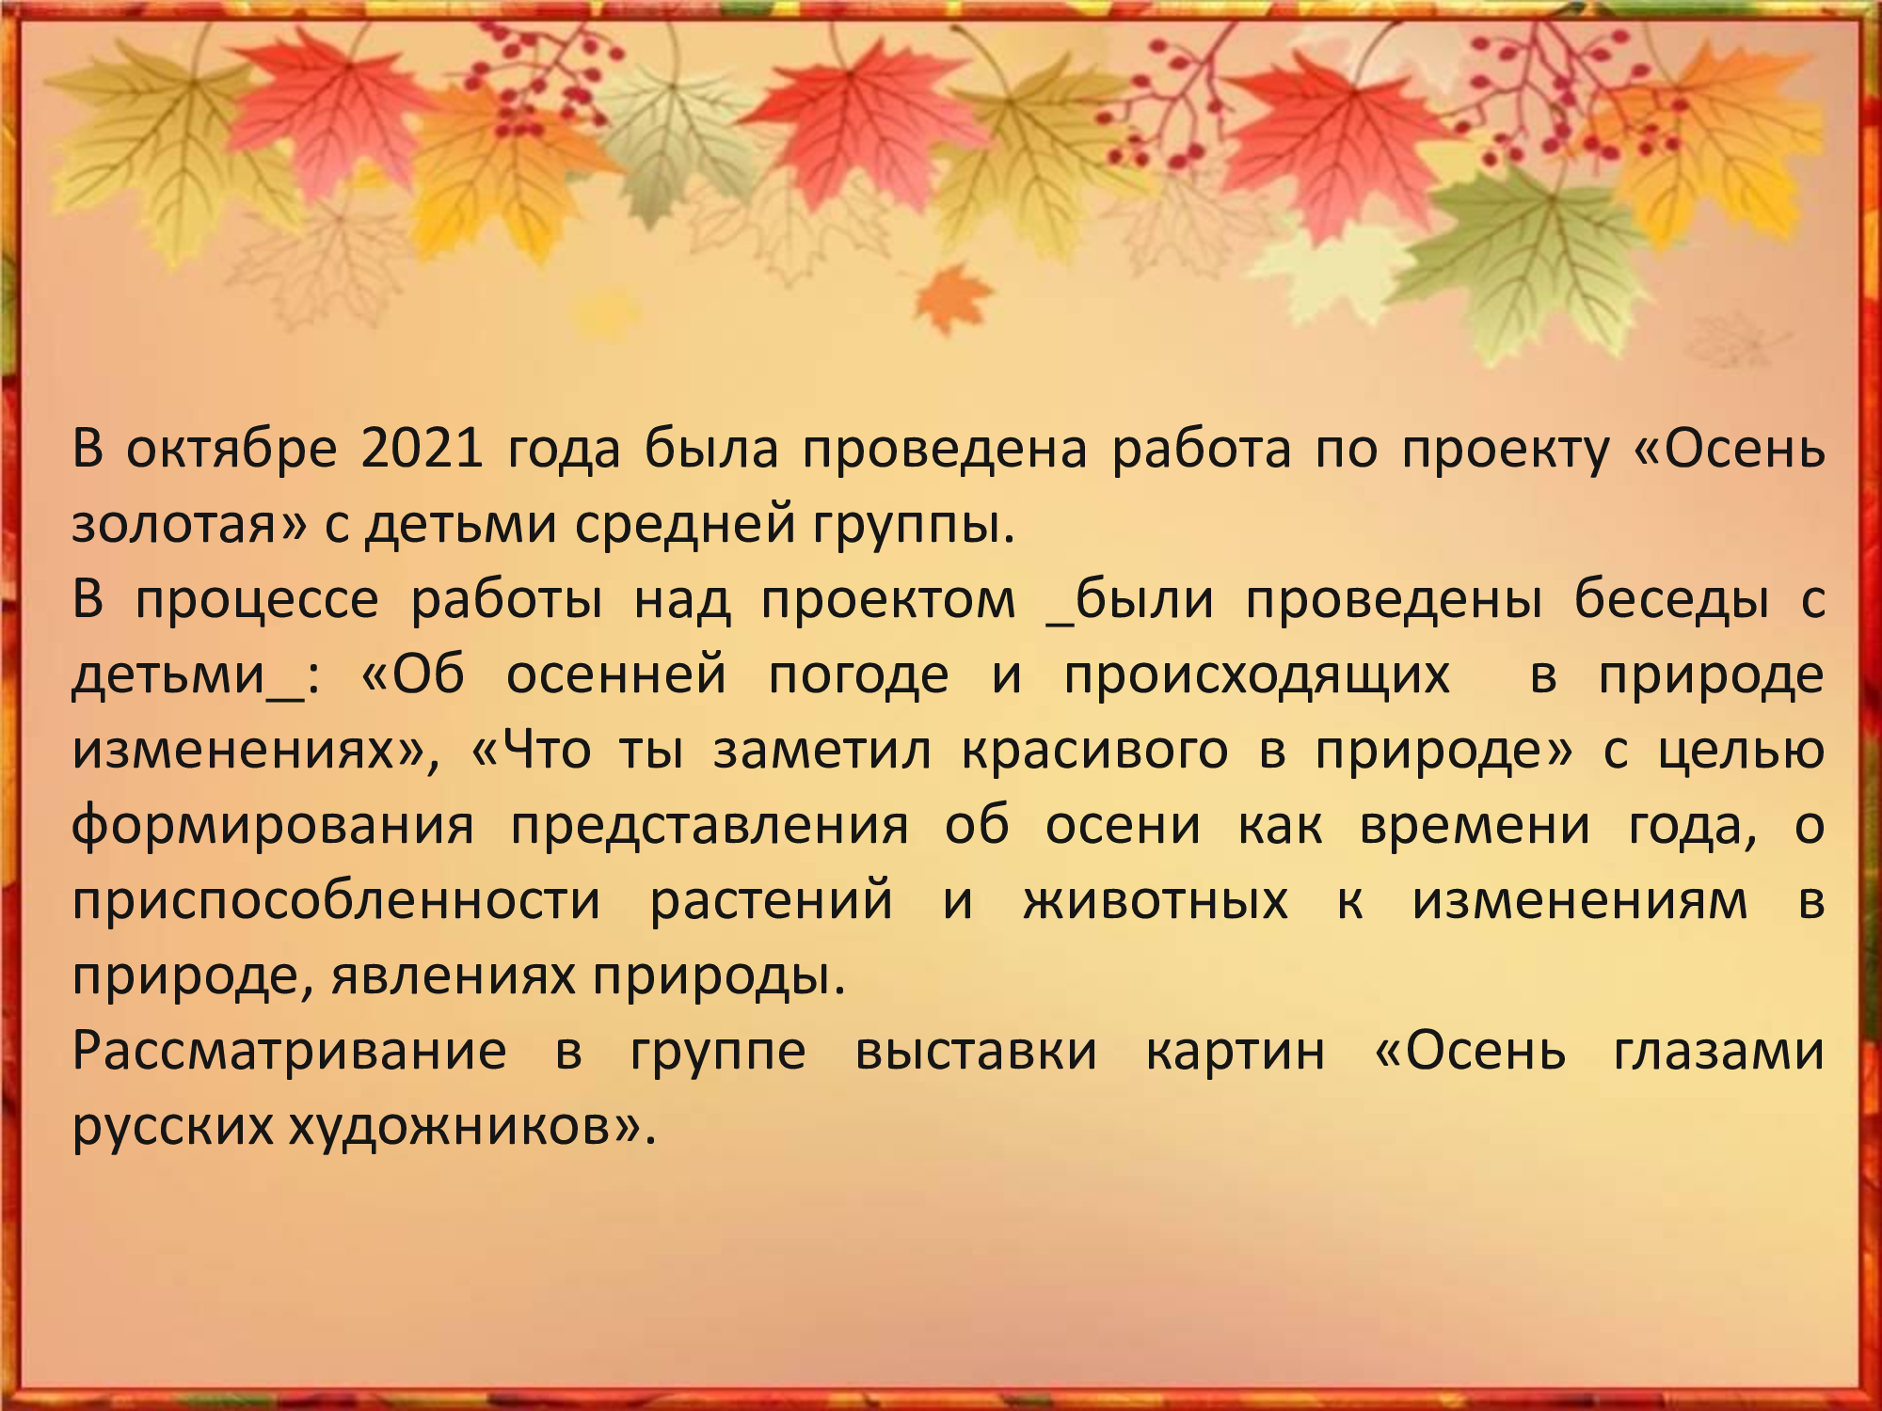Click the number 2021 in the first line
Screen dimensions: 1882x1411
[x=422, y=449]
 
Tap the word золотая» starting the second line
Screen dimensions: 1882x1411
[x=189, y=525]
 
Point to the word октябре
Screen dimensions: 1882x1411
[x=231, y=449]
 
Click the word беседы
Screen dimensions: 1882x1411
[x=1671, y=600]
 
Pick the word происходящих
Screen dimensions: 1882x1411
[x=1256, y=675]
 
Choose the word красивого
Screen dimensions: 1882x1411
[x=1094, y=751]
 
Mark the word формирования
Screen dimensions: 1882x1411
[x=273, y=826]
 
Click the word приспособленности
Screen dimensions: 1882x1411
[x=336, y=901]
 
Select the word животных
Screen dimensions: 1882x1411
[x=1156, y=901]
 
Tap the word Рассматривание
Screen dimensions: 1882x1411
[x=290, y=1052]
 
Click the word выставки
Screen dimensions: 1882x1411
[x=976, y=1052]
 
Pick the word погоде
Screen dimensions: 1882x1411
[x=858, y=675]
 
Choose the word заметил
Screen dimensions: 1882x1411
[x=822, y=751]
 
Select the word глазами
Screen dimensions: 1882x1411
[x=1719, y=1052]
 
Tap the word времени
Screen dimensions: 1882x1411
[x=1475, y=826]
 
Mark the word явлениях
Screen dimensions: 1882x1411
[x=453, y=976]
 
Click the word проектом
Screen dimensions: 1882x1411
[x=888, y=600]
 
